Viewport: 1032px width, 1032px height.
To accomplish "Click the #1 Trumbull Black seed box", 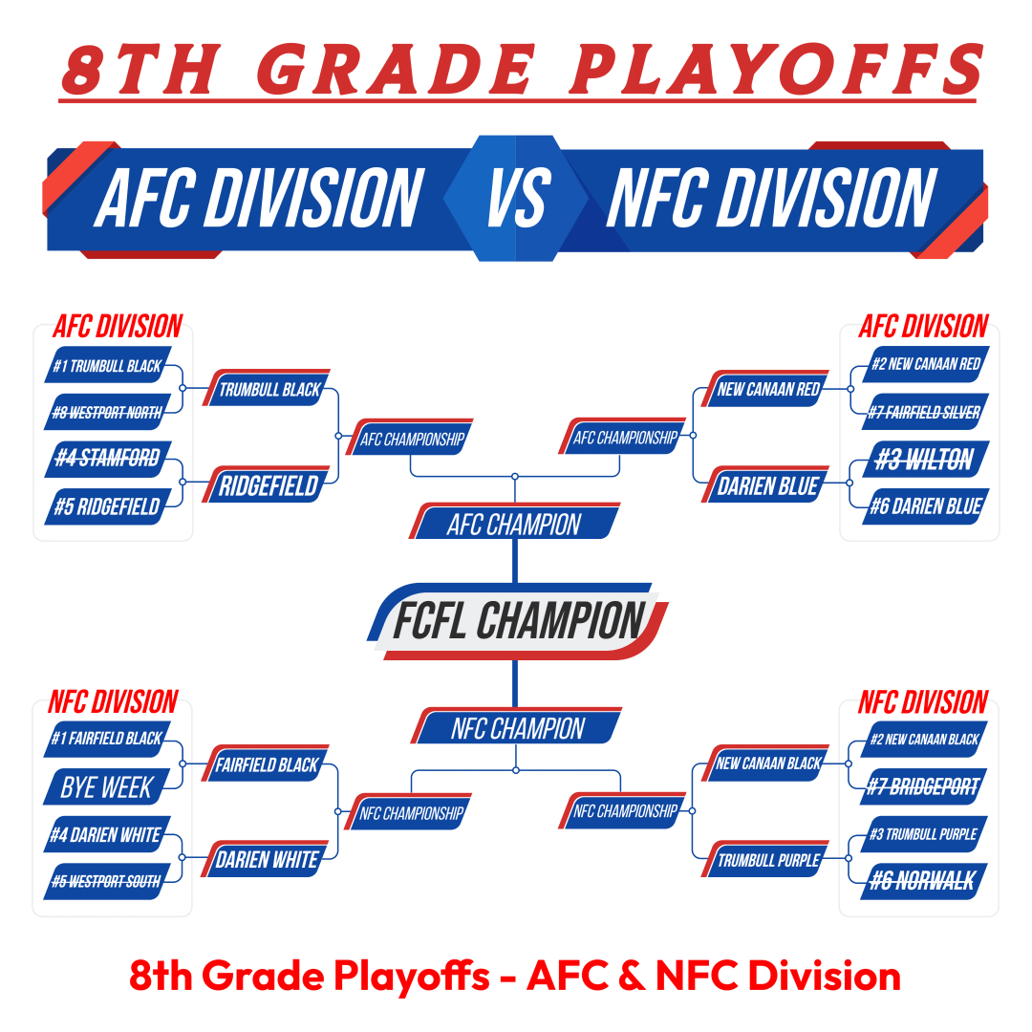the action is (108, 365).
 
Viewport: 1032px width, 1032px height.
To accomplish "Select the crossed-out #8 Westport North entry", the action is (108, 412).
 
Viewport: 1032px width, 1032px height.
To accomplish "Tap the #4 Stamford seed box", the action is (108, 459).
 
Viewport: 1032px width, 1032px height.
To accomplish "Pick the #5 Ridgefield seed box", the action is (108, 506).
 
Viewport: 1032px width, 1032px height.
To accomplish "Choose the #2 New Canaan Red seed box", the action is (925, 364).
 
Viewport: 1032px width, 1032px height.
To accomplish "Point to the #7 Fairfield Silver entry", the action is (925, 412).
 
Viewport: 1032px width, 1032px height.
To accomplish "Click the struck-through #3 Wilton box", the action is (925, 459).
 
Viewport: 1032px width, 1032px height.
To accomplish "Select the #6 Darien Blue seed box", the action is (925, 506).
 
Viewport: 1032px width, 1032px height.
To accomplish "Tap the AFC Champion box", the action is (515, 522).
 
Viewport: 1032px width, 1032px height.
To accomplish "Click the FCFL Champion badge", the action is (517, 621).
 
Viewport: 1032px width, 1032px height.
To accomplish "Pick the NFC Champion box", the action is (517, 726).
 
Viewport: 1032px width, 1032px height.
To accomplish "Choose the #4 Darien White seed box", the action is (107, 834).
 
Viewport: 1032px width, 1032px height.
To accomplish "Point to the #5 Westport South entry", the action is (107, 881).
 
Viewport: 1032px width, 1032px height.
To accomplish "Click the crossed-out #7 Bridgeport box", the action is (924, 786).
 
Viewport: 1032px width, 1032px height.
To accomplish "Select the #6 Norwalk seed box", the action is (924, 881).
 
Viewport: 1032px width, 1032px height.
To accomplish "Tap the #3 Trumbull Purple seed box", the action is (924, 834).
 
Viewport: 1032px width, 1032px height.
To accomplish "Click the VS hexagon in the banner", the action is (516, 198).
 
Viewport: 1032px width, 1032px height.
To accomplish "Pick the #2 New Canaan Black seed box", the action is (924, 739).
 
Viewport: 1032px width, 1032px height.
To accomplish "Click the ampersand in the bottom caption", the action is (632, 976).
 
